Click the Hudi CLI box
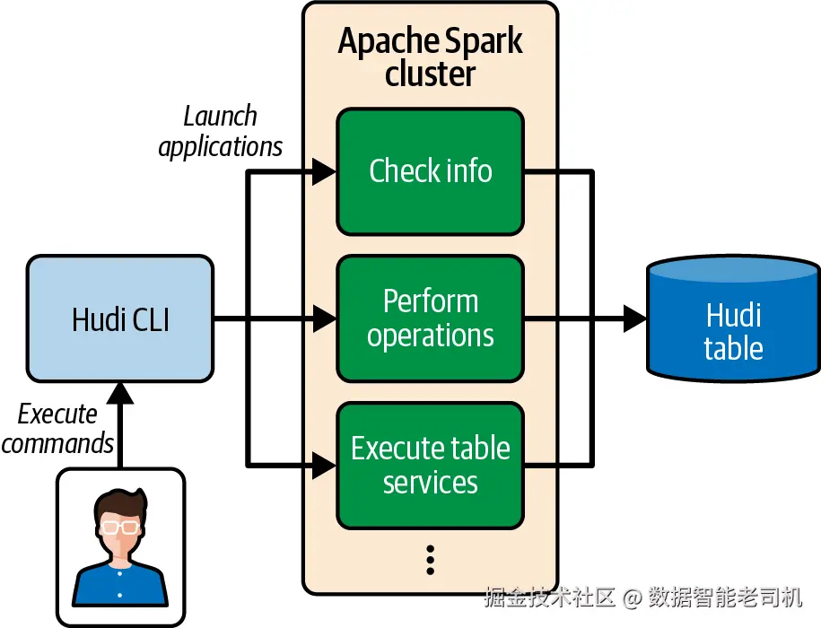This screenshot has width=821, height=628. [120, 318]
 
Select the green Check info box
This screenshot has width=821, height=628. [430, 170]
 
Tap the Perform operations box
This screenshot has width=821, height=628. [430, 318]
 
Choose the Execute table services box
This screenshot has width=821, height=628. [430, 465]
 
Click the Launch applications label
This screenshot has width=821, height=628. [221, 131]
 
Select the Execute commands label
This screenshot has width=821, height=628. [57, 428]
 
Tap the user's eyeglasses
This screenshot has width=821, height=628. [119, 526]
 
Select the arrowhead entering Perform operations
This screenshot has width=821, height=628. [324, 318]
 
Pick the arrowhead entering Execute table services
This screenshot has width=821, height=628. [324, 465]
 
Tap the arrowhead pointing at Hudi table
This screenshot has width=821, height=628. [634, 318]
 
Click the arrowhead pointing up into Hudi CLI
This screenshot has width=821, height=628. [119, 392]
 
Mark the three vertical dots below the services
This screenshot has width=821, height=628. [430, 559]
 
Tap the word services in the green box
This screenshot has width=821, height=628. [430, 483]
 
